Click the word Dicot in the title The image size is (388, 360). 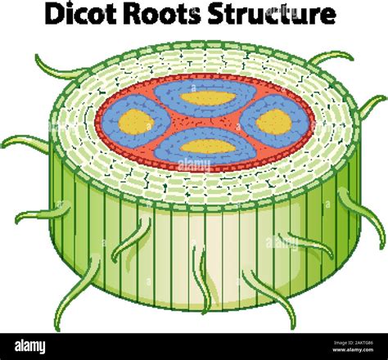coord(82,16)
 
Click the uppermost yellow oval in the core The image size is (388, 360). coord(206,98)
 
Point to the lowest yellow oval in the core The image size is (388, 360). coord(206,147)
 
